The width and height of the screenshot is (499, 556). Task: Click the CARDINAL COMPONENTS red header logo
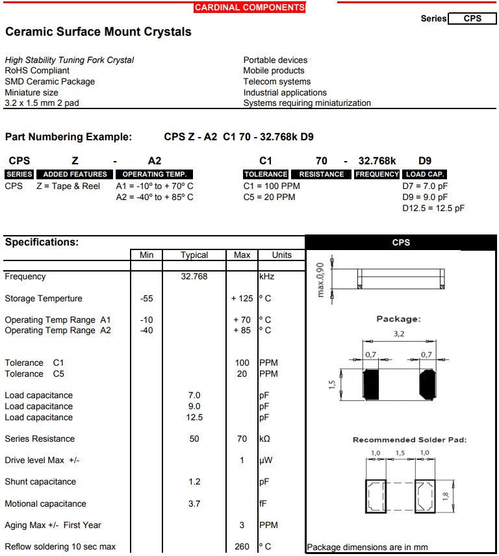pos(249,8)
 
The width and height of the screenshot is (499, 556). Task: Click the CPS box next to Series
pos(472,19)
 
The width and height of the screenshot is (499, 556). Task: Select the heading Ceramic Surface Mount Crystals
pos(98,32)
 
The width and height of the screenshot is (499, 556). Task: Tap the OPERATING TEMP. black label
pos(154,174)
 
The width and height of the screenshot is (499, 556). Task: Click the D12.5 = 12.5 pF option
pos(433,208)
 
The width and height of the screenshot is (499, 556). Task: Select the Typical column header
pos(194,255)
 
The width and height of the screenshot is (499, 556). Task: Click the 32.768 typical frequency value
pos(194,276)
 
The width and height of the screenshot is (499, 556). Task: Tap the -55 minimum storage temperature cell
pos(146,298)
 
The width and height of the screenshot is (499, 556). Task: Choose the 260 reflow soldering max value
pos(242,546)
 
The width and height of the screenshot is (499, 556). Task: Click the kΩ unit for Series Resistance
pos(264,438)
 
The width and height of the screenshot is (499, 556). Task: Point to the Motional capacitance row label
pos(45,503)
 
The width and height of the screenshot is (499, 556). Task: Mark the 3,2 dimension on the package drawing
pos(399,334)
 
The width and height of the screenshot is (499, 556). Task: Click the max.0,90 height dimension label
pos(320,280)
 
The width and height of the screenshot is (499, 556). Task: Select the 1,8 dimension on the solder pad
pos(463,496)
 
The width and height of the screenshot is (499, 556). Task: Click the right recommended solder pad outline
pos(426,496)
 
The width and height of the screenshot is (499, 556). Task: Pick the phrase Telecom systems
pos(277,81)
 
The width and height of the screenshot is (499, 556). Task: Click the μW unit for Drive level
pos(265,460)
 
